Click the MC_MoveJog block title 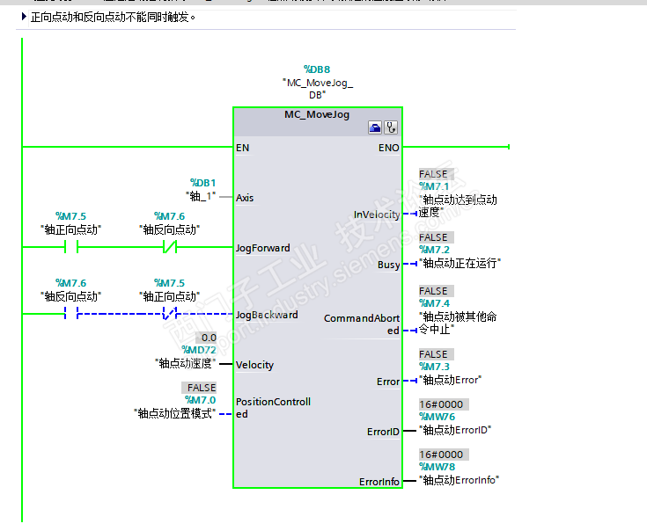pyautogui.click(x=317, y=114)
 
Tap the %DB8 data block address pyautogui.click(x=317, y=69)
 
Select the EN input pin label pyautogui.click(x=242, y=148)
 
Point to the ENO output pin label pyautogui.click(x=388, y=148)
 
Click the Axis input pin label pyautogui.click(x=245, y=198)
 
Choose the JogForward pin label pyautogui.click(x=262, y=248)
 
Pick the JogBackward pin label pyautogui.click(x=267, y=315)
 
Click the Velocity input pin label pyautogui.click(x=254, y=365)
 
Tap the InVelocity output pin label pyautogui.click(x=376, y=215)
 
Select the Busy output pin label pyautogui.click(x=388, y=265)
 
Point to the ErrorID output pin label pyautogui.click(x=383, y=432)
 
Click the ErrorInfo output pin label pyautogui.click(x=379, y=482)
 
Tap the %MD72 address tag pyautogui.click(x=199, y=350)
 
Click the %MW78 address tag pyautogui.click(x=437, y=467)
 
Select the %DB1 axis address pyautogui.click(x=202, y=183)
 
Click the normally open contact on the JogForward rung pyautogui.click(x=71, y=248)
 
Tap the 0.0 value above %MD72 pyautogui.click(x=209, y=338)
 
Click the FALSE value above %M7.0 pyautogui.click(x=202, y=388)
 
